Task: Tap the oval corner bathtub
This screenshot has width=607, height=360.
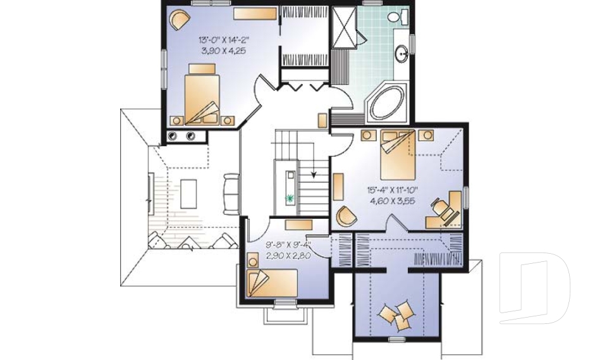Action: tap(390, 104)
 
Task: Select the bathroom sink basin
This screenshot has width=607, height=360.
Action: tap(403, 54)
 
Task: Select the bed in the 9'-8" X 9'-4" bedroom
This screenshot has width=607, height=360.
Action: tap(273, 282)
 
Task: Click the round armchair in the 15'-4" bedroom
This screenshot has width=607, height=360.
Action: tap(346, 216)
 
